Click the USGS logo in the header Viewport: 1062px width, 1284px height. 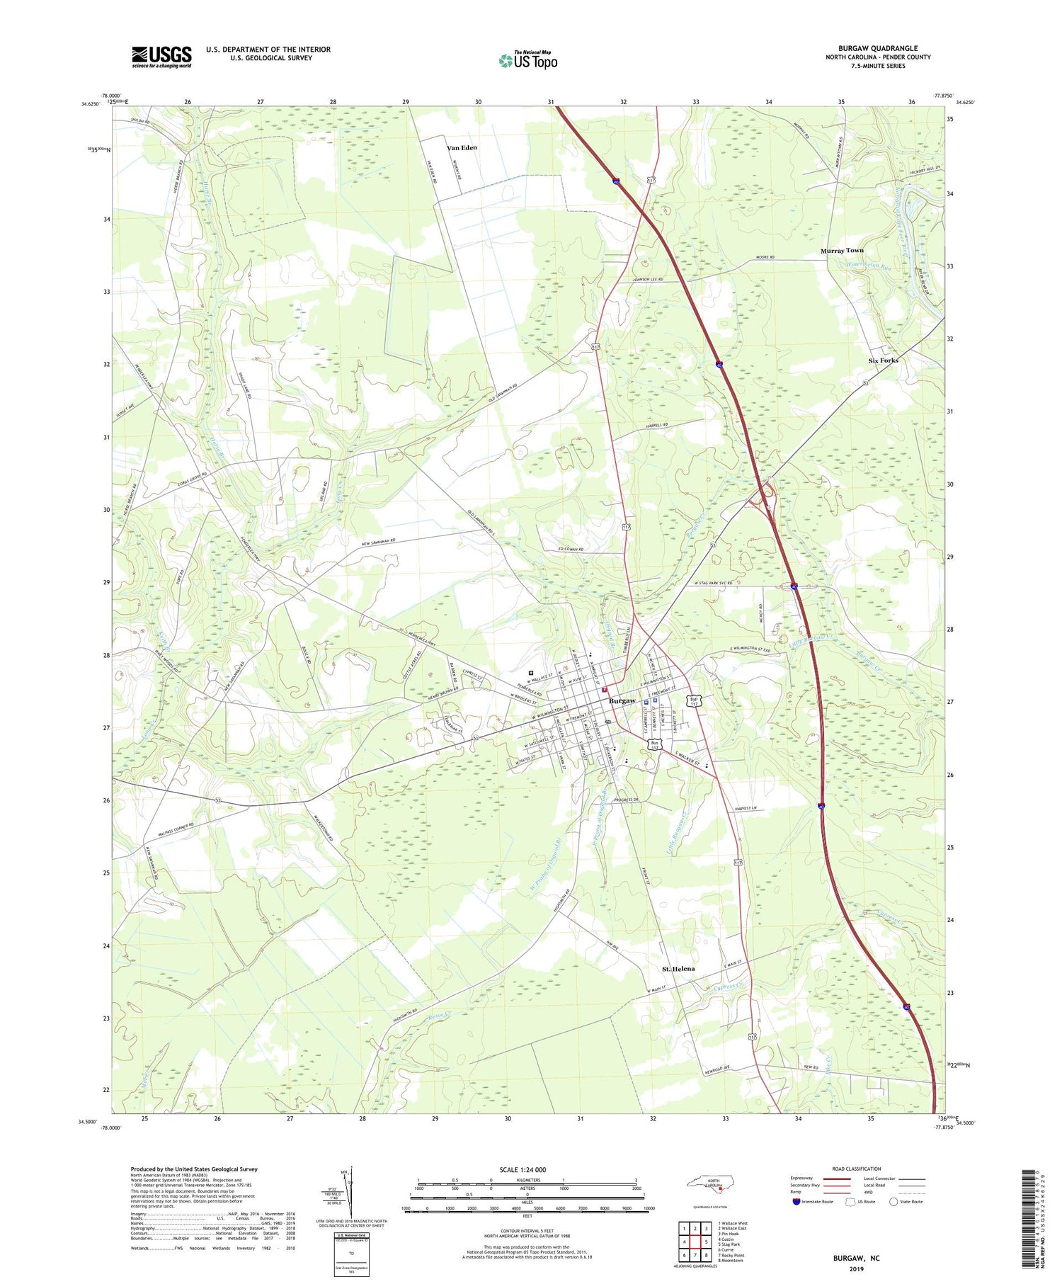pos(161,57)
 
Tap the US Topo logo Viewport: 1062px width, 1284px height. pos(528,61)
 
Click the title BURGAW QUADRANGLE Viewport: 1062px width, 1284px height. pos(878,48)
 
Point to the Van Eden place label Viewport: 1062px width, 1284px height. pos(462,148)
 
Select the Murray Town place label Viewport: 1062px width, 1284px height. pos(842,251)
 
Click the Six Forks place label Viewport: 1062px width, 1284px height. pos(883,360)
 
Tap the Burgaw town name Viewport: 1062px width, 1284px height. pos(622,701)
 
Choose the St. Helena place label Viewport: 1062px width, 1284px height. pos(678,969)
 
